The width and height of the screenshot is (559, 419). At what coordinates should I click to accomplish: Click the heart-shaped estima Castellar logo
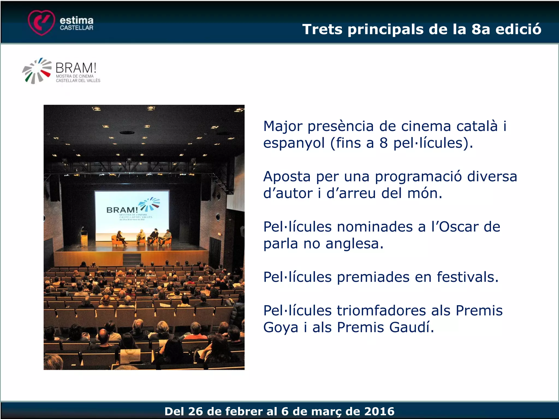click(x=41, y=22)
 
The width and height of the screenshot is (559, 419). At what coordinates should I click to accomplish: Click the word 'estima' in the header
click(x=76, y=20)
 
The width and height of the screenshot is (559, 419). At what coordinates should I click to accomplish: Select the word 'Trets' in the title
click(x=322, y=29)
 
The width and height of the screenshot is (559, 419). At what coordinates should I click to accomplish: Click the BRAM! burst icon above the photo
click(x=37, y=71)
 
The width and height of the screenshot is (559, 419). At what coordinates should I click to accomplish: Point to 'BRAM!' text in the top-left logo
click(x=76, y=68)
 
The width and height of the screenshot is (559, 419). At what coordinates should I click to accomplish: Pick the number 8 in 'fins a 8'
click(x=383, y=143)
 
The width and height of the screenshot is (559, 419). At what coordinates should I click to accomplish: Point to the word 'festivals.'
click(x=468, y=277)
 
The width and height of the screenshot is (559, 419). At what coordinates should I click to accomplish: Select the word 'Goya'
click(x=281, y=328)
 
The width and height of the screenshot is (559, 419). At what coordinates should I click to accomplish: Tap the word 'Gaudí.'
click(x=411, y=327)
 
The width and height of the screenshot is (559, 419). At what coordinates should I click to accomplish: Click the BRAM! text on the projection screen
click(x=122, y=210)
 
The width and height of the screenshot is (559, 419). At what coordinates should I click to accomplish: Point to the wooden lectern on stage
click(x=84, y=238)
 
